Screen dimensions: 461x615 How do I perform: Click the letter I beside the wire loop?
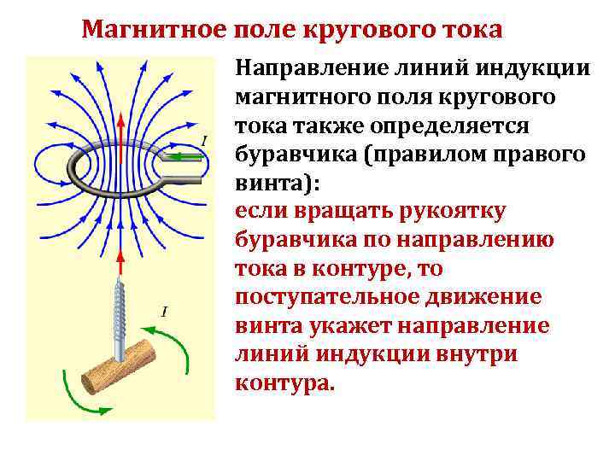(x=203, y=140)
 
